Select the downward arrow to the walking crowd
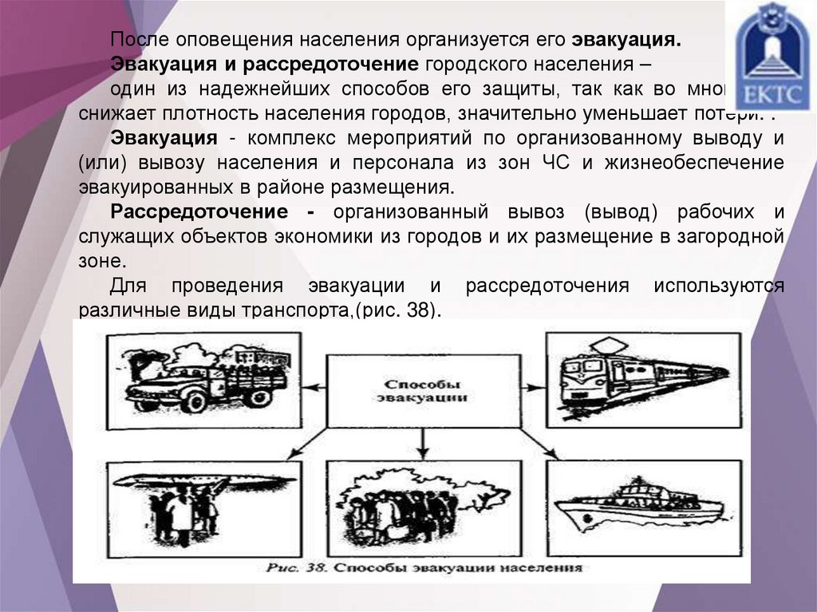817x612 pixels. click(424, 443)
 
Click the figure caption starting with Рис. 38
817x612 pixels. click(423, 569)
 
